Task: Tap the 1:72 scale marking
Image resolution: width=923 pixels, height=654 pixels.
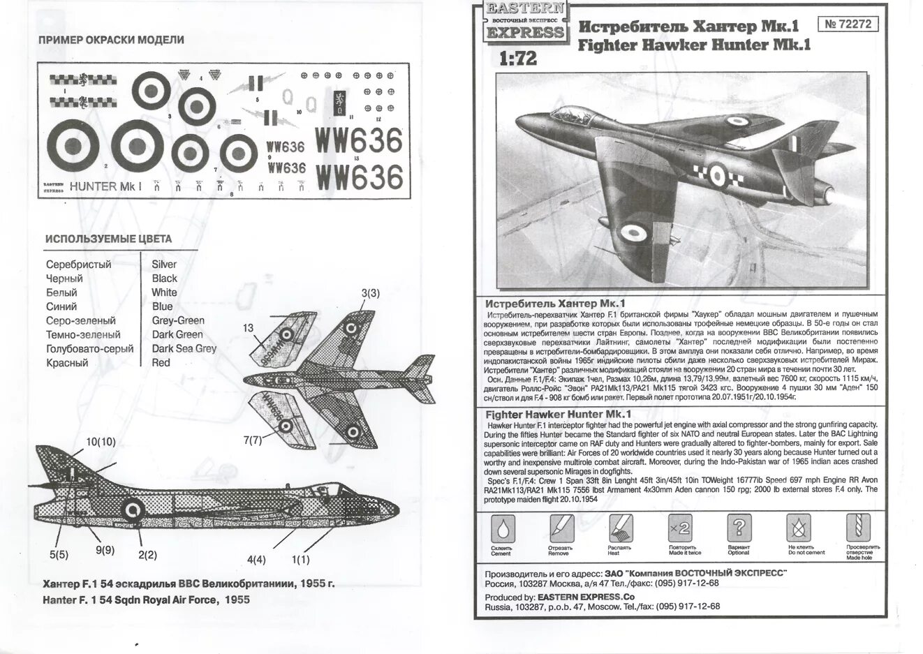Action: tap(517, 58)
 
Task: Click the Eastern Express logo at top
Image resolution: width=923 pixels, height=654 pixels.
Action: tap(524, 21)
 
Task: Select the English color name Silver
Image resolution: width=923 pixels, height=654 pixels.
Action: tap(164, 265)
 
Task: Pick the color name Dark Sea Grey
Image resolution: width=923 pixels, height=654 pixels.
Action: tap(184, 348)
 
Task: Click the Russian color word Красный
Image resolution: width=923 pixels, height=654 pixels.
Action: tap(67, 363)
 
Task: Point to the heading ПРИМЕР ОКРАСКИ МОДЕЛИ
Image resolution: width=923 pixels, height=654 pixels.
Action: tap(111, 40)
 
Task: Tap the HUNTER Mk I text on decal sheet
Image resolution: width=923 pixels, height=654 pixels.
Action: tap(105, 186)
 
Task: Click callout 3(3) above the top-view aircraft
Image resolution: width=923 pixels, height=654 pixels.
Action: tap(370, 293)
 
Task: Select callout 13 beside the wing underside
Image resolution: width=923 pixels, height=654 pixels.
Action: tap(249, 328)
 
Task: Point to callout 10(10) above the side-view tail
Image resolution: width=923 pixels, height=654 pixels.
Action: tap(101, 442)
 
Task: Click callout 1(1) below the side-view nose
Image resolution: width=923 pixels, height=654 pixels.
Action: tap(301, 559)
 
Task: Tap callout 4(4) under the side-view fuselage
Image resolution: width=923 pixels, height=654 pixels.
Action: tap(256, 559)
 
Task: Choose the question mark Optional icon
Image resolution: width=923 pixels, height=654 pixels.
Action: tap(739, 529)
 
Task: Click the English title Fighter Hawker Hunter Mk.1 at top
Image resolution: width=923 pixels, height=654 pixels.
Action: tap(695, 45)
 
